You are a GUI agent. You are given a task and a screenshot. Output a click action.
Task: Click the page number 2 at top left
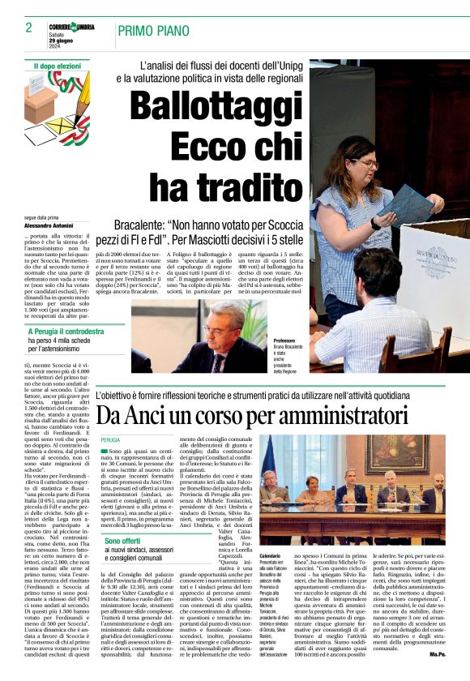(x=28, y=28)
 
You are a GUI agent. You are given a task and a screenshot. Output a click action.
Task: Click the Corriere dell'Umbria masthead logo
(x=70, y=27)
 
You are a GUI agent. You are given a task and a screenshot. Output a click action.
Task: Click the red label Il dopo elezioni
(x=58, y=65)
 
